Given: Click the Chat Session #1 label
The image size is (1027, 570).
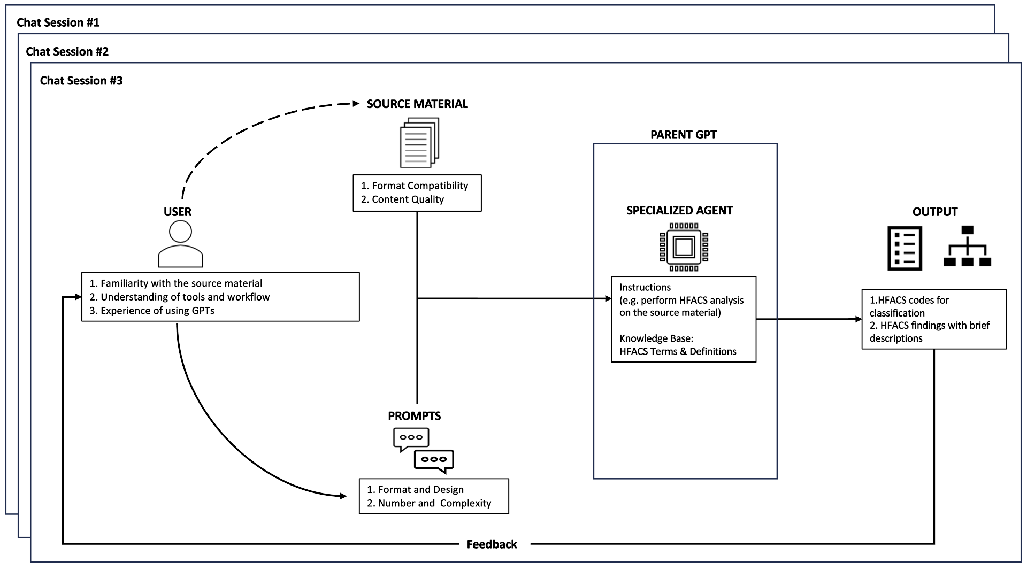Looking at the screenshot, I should pos(58,22).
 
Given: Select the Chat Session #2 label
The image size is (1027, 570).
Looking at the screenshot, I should pos(67,51).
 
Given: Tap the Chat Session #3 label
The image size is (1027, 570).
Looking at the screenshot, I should pos(81,81).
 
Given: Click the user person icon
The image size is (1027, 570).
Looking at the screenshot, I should pos(180,244).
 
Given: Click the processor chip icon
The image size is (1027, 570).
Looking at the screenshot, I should pos(684,247).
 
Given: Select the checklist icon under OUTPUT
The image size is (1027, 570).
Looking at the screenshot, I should pos(905,248).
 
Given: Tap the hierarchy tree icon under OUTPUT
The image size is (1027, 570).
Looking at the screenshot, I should pos(967,247).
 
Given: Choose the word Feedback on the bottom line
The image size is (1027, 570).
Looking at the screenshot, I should pos(492,544).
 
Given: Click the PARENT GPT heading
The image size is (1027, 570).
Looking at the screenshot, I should pos(683,135).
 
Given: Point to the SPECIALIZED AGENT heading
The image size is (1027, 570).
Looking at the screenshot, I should pos(679,211).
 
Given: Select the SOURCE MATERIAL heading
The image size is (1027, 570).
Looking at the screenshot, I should pos(417,104).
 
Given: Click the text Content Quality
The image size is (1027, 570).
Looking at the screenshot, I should pos(408,199).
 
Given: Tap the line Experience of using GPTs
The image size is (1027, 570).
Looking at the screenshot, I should pos(157,311).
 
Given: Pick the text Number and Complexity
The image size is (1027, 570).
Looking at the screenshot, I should pos(434,503).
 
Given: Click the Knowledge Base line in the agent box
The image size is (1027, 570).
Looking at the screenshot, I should pos(656,338).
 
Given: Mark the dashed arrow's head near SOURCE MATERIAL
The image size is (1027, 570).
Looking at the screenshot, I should pos(356,104).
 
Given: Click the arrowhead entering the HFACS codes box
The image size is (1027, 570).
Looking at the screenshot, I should pos(859,319).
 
